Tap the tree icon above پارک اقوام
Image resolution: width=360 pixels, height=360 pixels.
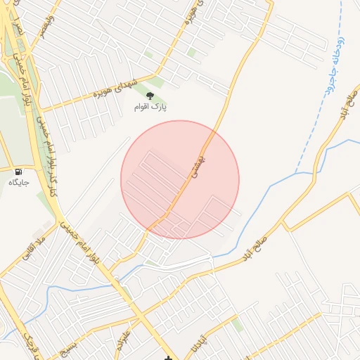[x=149, y=95]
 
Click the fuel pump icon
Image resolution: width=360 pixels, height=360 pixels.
[x=18, y=172]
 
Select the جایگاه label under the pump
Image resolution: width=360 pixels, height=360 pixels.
[x=18, y=183]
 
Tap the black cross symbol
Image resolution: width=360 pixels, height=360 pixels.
[x=168, y=358]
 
